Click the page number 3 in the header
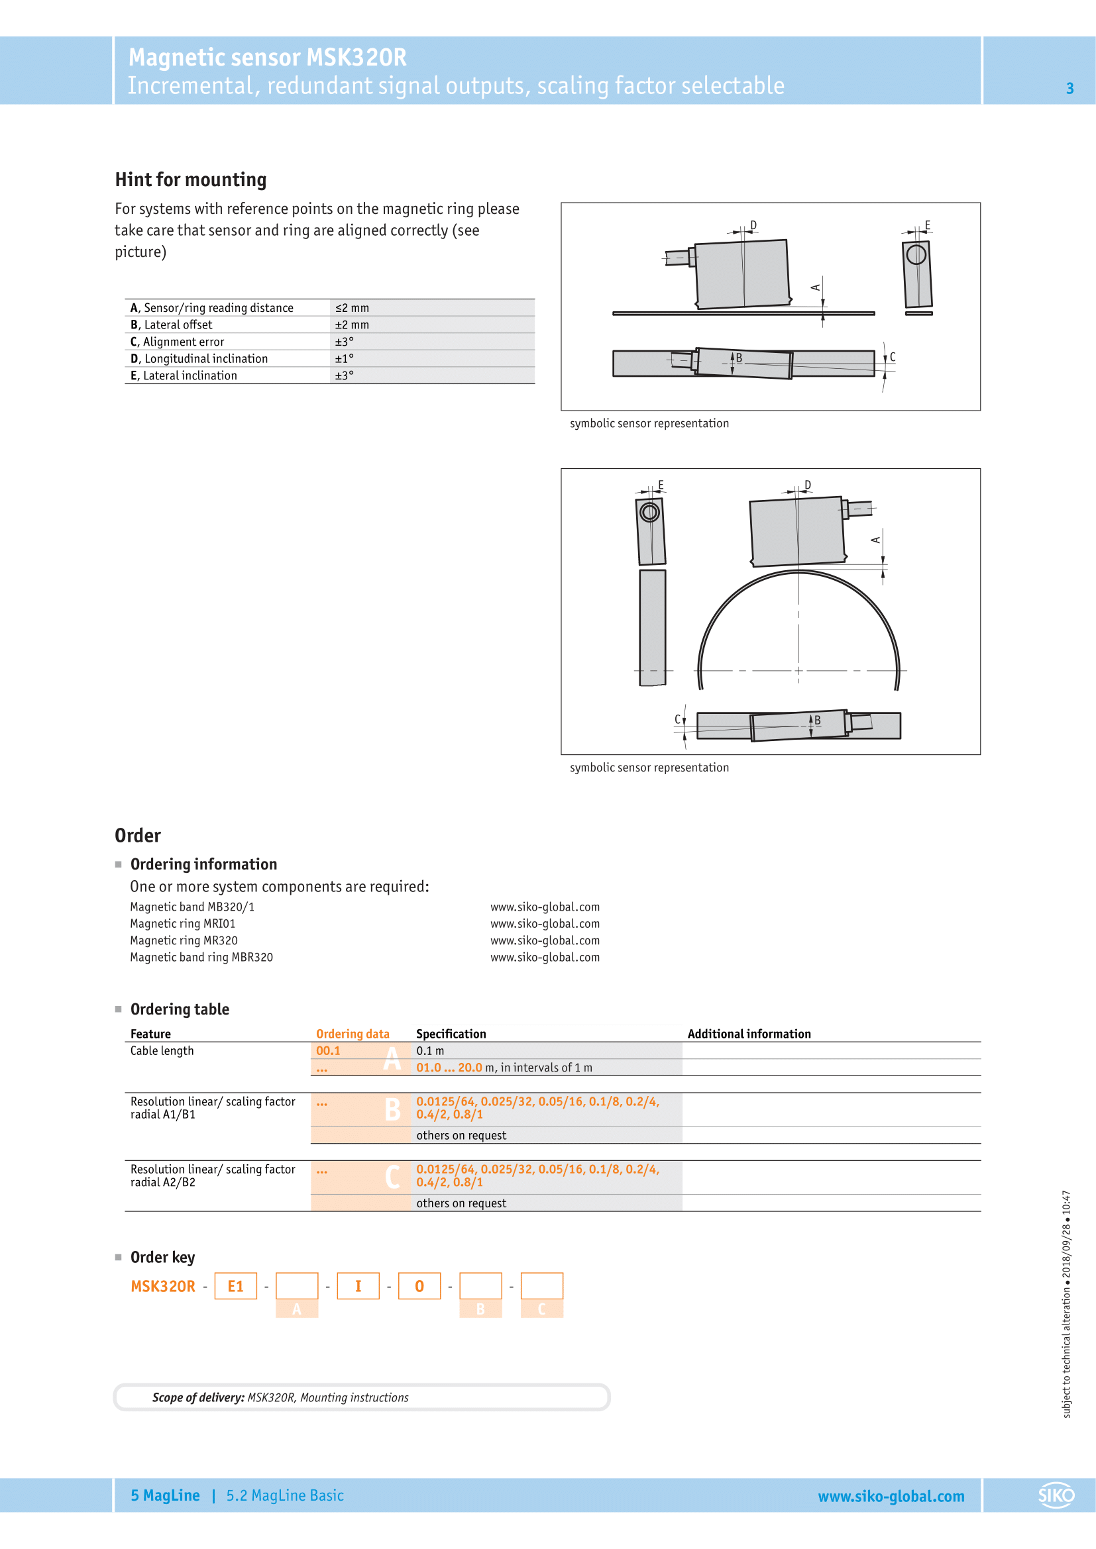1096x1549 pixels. [1069, 88]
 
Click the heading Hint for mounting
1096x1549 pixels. [190, 179]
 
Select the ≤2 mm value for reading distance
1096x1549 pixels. [352, 308]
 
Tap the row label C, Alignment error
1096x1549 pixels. [177, 341]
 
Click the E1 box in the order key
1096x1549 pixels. [235, 1286]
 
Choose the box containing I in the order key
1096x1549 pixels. [358, 1286]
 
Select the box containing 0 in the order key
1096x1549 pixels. [419, 1286]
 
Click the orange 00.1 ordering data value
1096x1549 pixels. [328, 1050]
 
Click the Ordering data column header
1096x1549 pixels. [353, 1034]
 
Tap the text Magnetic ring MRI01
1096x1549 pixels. [182, 924]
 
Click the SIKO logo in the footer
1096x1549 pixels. [1056, 1495]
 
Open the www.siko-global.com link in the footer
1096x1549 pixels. [891, 1496]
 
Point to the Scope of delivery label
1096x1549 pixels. [197, 1397]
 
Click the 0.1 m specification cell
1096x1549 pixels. [430, 1050]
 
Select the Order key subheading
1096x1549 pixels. [162, 1257]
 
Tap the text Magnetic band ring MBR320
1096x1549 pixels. [201, 957]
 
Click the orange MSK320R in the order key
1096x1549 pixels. [162, 1286]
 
